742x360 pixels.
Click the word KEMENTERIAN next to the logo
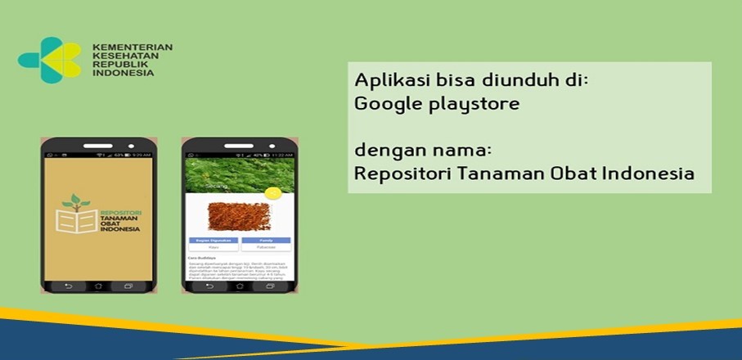click(133, 47)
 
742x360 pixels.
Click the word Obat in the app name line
click(571, 174)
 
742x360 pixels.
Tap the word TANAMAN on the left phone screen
click(120, 218)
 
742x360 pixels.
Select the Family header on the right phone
click(266, 240)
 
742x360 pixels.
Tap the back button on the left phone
click(70, 286)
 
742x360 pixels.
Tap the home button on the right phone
click(238, 286)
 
